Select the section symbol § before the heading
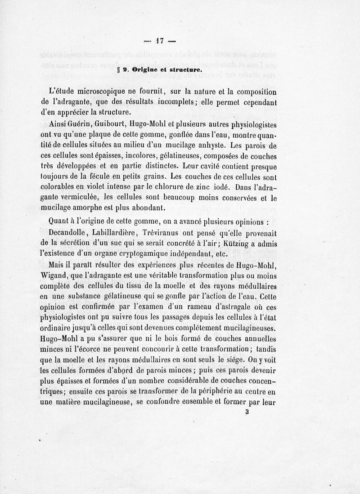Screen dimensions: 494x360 [119, 70]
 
